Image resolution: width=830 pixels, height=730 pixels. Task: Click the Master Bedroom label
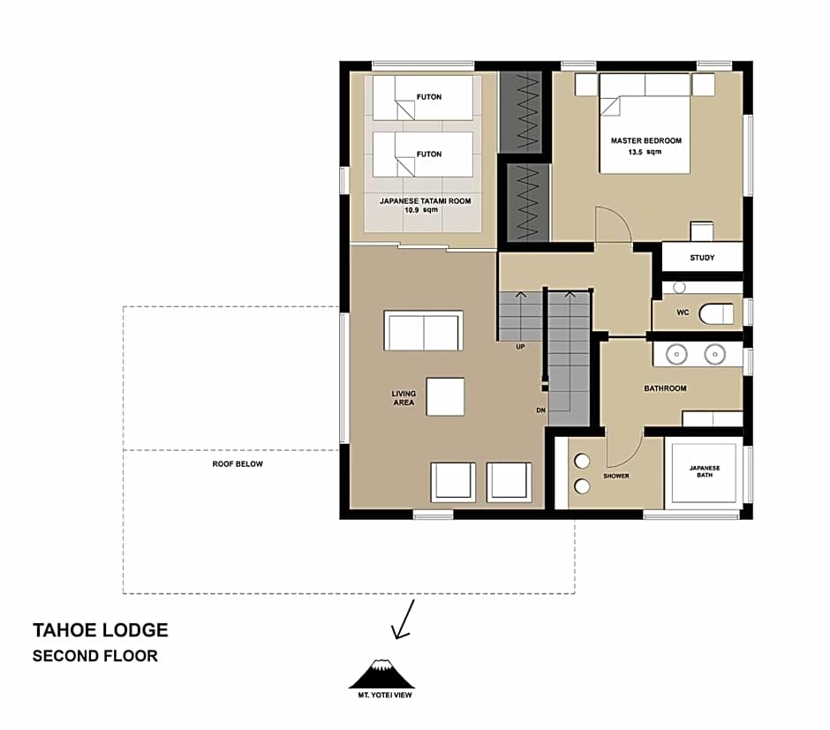[645, 140]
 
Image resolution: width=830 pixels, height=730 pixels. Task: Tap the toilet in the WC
[716, 313]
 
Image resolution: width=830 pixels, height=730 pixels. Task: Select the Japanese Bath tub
[704, 473]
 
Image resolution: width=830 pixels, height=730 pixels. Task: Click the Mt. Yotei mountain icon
[381, 674]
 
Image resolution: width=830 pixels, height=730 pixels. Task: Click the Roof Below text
[238, 463]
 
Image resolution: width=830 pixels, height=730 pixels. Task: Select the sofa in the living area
[424, 331]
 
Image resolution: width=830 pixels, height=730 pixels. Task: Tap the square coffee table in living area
[445, 396]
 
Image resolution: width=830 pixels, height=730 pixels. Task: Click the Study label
[702, 258]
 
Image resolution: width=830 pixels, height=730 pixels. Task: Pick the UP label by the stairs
[521, 346]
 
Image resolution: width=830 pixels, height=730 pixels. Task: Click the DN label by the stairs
[540, 410]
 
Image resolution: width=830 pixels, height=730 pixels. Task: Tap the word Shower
[615, 476]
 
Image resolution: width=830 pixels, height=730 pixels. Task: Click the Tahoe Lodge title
[100, 630]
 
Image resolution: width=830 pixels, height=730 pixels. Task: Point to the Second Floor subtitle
[95, 656]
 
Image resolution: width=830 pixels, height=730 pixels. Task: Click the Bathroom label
[665, 388]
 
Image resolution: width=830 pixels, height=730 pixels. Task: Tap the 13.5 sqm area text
[645, 152]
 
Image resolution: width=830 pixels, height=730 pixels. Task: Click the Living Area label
[404, 399]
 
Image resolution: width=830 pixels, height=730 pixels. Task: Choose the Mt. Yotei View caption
[381, 695]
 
